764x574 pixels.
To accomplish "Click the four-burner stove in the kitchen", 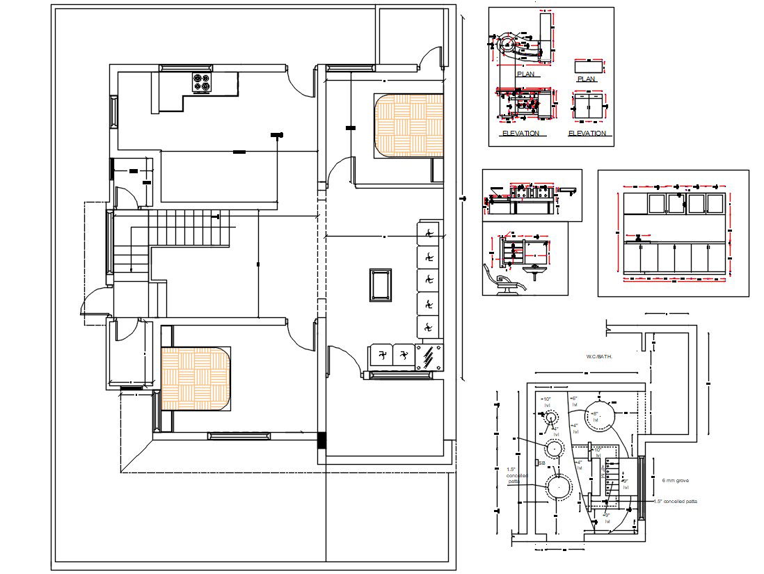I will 202,83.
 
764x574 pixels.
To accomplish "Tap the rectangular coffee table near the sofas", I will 380,285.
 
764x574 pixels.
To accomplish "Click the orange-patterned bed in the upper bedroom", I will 408,126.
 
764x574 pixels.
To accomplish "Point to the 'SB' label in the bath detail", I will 541,463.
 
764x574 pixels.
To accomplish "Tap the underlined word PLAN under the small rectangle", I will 587,79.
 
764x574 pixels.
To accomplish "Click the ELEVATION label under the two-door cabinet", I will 587,133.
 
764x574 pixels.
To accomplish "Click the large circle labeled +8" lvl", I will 598,417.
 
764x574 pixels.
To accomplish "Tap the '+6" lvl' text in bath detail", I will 574,401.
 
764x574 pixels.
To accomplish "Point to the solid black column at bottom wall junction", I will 321,440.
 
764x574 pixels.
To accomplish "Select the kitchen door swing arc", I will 301,83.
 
